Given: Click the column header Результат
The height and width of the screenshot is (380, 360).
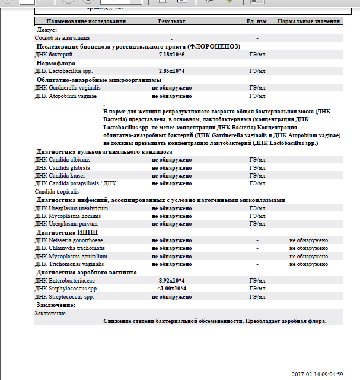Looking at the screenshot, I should pyautogui.click(x=172, y=21).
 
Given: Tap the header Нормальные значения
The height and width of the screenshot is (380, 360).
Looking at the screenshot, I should pyautogui.click(x=308, y=21).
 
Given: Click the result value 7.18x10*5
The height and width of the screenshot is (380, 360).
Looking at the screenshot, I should pyautogui.click(x=172, y=54).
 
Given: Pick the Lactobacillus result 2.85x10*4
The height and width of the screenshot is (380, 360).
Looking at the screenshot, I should pyautogui.click(x=172, y=71).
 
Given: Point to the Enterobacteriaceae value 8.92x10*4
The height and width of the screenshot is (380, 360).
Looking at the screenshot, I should pyautogui.click(x=172, y=280).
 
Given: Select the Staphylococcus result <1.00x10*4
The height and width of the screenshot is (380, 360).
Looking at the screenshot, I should pyautogui.click(x=172, y=288).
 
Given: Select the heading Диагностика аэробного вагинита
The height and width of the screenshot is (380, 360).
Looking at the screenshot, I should pyautogui.click(x=87, y=272).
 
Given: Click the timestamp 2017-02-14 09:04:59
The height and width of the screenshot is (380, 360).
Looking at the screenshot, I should pyautogui.click(x=318, y=374).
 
